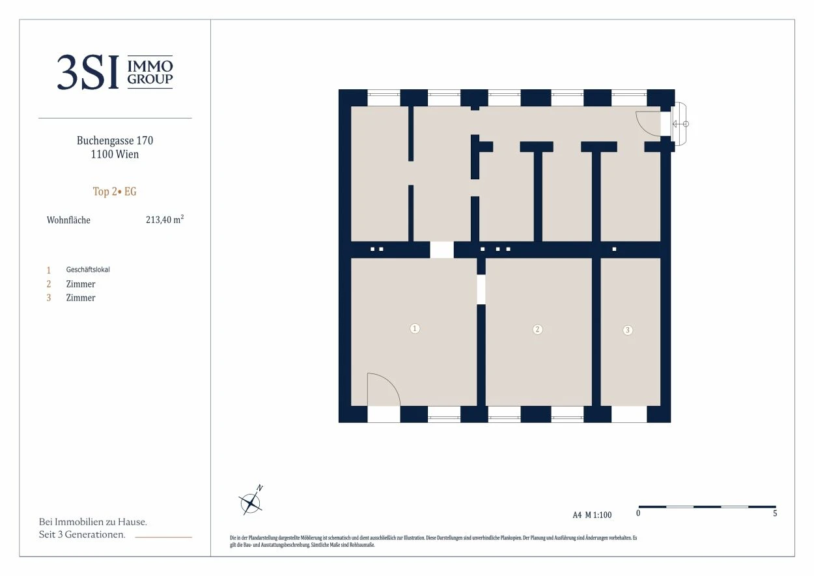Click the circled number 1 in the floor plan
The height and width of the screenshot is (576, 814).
pyautogui.click(x=415, y=329)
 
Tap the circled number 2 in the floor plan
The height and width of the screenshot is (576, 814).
pyautogui.click(x=537, y=330)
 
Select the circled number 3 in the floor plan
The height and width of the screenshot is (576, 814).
pyautogui.click(x=628, y=330)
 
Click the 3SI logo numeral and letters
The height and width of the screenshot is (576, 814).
pyautogui.click(x=88, y=72)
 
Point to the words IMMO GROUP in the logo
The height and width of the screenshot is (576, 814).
pyautogui.click(x=150, y=72)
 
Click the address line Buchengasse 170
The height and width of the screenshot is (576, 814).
pyautogui.click(x=115, y=140)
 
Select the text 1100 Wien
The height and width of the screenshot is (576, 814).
pyautogui.click(x=115, y=154)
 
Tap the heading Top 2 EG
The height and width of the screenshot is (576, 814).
pyautogui.click(x=115, y=192)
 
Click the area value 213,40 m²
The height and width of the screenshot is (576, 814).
pyautogui.click(x=165, y=220)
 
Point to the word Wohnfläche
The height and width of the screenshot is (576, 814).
pyautogui.click(x=68, y=220)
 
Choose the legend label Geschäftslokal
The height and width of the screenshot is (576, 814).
pyautogui.click(x=88, y=270)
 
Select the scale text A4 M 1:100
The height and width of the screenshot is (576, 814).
pyautogui.click(x=593, y=515)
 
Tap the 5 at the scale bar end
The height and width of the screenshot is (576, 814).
pyautogui.click(x=775, y=513)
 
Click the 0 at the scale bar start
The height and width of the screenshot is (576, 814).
pyautogui.click(x=638, y=513)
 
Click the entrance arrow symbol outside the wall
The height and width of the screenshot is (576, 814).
pyautogui.click(x=681, y=124)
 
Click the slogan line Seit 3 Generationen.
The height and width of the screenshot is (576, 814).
pyautogui.click(x=82, y=534)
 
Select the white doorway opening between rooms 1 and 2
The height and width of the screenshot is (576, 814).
pyautogui.click(x=481, y=289)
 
